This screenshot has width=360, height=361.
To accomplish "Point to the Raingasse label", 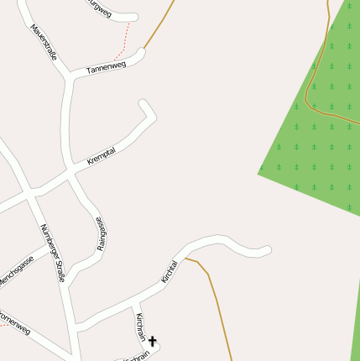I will pyautogui.click(x=102, y=233).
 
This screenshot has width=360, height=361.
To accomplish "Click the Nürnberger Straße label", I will pyautogui.click(x=52, y=252).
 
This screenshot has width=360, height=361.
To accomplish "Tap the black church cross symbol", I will pyautogui.click(x=153, y=342).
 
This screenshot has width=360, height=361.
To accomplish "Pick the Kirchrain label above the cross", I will pyautogui.click(x=140, y=327).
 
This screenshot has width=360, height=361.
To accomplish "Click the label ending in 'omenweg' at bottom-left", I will pyautogui.click(x=14, y=324).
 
